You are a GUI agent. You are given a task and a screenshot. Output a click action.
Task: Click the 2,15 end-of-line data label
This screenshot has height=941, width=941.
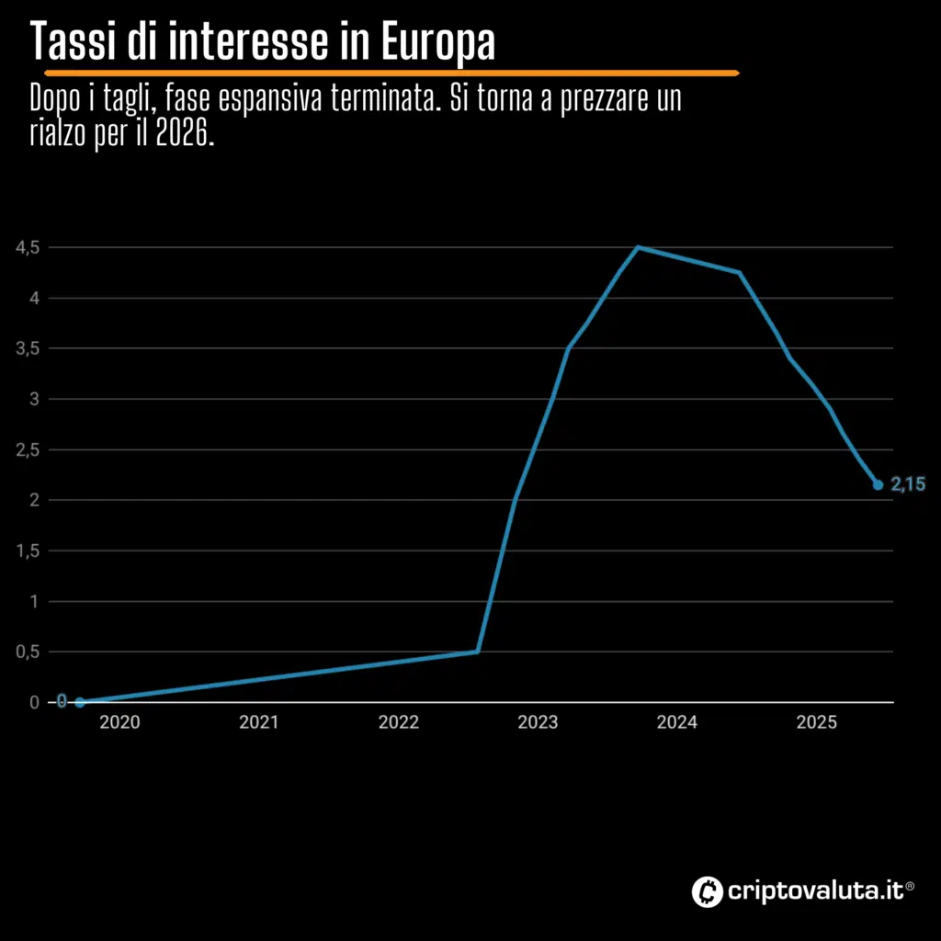coord(908,485)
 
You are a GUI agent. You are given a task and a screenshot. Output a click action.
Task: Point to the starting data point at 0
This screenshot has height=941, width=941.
coord(79,702)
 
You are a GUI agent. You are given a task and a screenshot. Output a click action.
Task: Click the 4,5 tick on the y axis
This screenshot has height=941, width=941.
coord(28,247)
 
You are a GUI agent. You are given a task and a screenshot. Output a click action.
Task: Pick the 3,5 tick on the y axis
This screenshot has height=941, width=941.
coord(28,348)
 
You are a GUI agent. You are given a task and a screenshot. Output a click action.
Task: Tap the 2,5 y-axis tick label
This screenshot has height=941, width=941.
coord(28,449)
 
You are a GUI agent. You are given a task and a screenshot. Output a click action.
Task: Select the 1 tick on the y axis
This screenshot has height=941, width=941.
coord(34,601)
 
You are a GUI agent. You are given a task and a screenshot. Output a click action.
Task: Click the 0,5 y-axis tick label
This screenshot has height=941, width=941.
coord(28,652)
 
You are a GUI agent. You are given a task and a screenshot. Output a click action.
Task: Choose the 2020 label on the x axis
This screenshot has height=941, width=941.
coord(119,723)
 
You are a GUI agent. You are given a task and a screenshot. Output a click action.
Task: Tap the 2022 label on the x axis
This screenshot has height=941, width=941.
coord(398,723)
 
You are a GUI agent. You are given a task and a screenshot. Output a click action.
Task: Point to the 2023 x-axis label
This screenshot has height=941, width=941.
coord(538,723)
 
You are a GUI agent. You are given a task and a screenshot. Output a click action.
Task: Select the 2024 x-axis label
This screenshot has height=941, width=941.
coord(677,723)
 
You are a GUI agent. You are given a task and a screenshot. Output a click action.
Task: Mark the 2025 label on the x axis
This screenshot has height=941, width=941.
coord(816,723)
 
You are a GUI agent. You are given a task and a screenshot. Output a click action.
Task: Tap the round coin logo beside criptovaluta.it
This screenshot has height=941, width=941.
coord(706,890)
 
